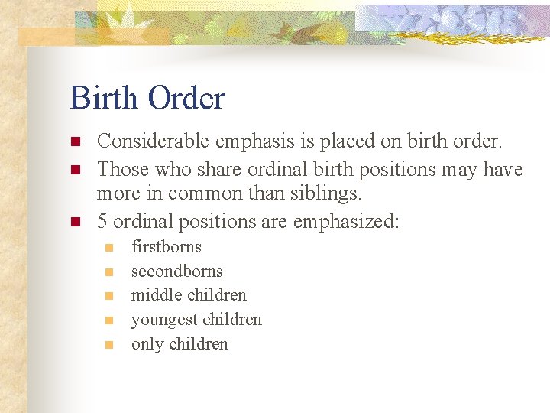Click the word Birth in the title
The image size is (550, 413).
point(104,99)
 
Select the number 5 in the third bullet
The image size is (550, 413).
point(102,222)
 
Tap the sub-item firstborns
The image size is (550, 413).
point(167,246)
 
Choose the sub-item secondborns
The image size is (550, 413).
point(177,271)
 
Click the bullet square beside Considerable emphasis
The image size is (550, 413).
point(75,142)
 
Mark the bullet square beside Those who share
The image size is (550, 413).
point(75,169)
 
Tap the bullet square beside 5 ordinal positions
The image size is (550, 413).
point(75,223)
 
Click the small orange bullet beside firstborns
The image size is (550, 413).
point(109,248)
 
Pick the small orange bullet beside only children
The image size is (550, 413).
point(109,345)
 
